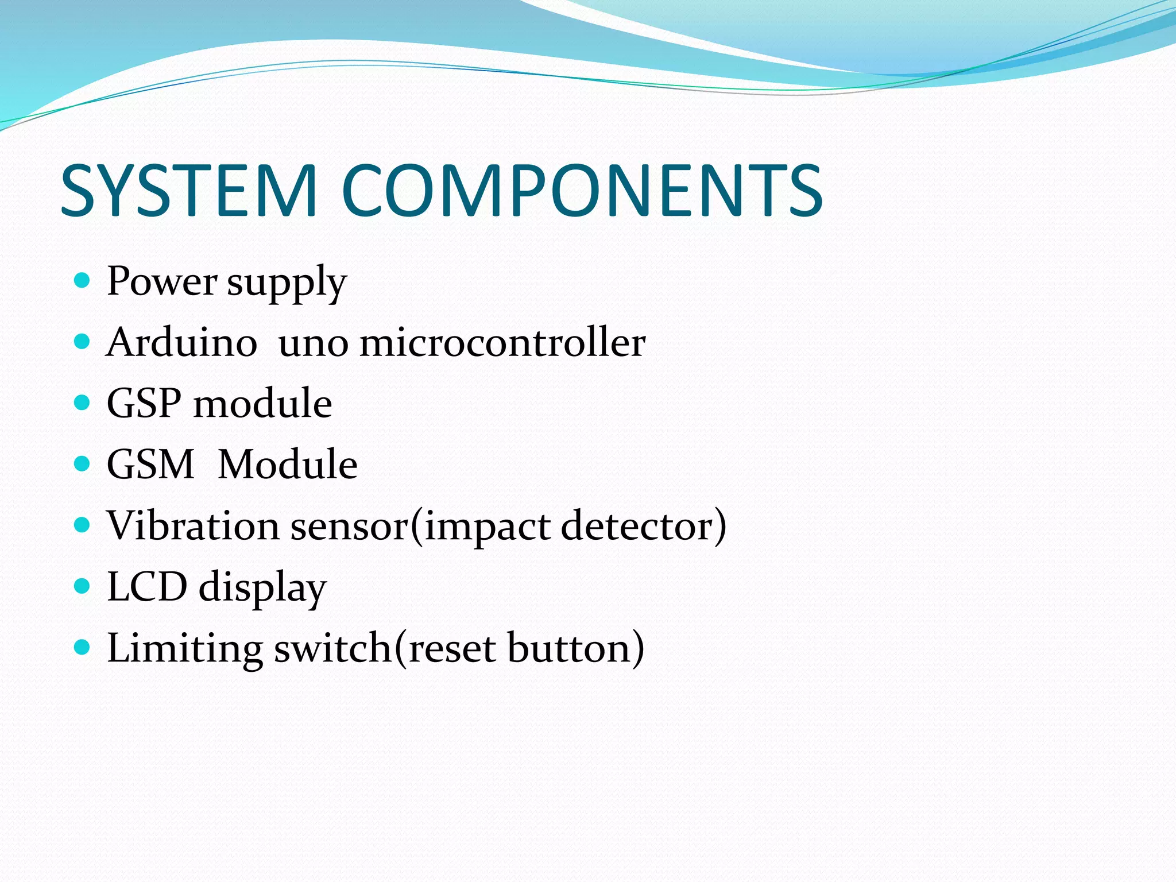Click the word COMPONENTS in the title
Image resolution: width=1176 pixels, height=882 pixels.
(x=582, y=191)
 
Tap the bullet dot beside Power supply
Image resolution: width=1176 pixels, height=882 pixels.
(x=83, y=281)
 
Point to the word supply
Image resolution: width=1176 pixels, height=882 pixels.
(x=287, y=284)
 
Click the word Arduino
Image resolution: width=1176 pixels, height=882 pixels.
(x=181, y=343)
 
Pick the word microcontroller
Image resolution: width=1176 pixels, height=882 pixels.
(x=502, y=343)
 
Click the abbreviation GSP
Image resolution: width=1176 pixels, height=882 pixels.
(x=144, y=404)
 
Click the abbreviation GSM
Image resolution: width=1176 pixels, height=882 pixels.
(x=150, y=465)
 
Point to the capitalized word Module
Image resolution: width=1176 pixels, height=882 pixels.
(x=288, y=465)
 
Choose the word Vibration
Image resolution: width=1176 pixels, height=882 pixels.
(x=193, y=525)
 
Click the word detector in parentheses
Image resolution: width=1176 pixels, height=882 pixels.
(x=637, y=525)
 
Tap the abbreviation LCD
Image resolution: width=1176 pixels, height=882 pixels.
(x=147, y=587)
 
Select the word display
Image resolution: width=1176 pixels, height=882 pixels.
(x=262, y=589)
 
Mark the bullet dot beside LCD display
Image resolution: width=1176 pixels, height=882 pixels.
(x=83, y=586)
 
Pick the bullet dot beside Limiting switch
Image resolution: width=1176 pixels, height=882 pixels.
(x=83, y=648)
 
